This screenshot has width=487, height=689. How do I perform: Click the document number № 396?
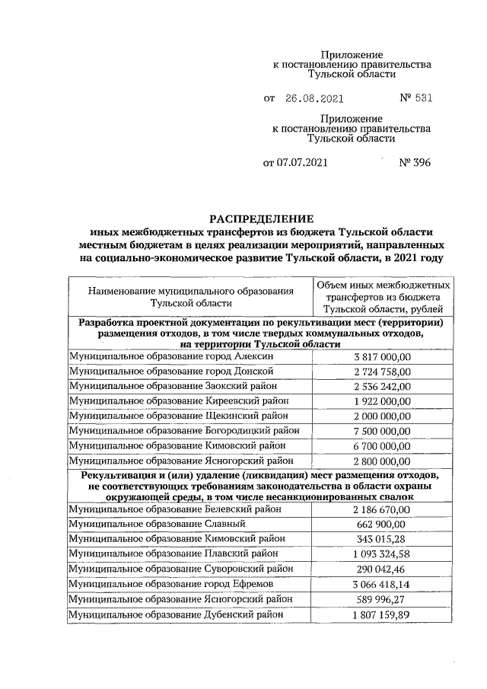point(415,162)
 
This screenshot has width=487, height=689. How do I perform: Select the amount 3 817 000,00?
point(382,356)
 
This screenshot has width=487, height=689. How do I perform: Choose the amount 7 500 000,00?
point(382,431)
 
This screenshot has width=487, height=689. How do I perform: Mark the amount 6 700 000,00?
point(382,445)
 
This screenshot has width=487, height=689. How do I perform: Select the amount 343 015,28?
point(382,539)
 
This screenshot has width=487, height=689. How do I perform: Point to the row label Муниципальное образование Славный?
point(157,524)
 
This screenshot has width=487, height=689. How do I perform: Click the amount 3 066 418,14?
point(382,584)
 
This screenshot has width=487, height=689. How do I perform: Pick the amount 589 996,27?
point(382,599)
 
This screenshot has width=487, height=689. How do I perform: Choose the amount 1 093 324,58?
point(382,554)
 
